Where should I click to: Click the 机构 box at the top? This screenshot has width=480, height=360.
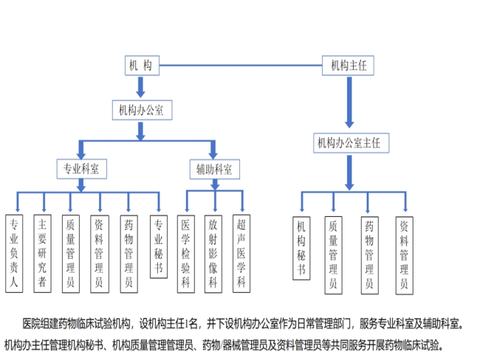140,66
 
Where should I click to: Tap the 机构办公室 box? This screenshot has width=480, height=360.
141,110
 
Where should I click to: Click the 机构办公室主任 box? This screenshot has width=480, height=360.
352,142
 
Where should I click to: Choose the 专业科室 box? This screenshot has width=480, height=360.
82,169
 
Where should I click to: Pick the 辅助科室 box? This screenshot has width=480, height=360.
214,169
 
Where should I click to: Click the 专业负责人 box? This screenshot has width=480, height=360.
13,252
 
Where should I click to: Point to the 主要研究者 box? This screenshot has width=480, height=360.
43,252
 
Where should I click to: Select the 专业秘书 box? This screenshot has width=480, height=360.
157,246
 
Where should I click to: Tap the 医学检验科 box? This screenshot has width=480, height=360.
186,252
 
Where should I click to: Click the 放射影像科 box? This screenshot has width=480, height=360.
213,252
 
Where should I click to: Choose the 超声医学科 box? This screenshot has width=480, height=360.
241,252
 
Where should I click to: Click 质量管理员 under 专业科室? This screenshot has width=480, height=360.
70,252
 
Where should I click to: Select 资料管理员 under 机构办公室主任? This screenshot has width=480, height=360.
403,252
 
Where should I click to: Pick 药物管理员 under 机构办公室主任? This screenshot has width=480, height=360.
368,252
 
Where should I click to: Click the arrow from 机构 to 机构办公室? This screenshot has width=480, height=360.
140,87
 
